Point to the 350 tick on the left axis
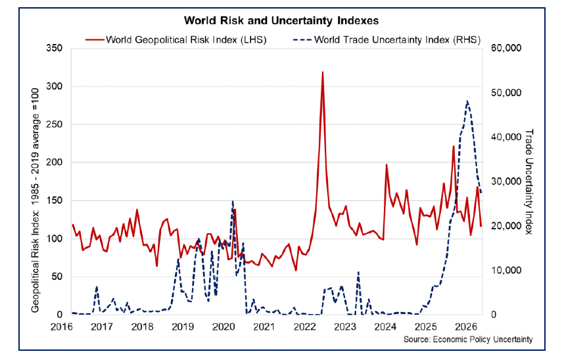55,49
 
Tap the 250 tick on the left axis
55,125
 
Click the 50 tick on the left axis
57,277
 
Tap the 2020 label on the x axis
223,326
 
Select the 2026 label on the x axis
467,326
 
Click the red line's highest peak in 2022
322,72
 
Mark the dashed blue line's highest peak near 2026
467,101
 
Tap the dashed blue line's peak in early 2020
233,202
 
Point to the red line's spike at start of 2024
387,164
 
